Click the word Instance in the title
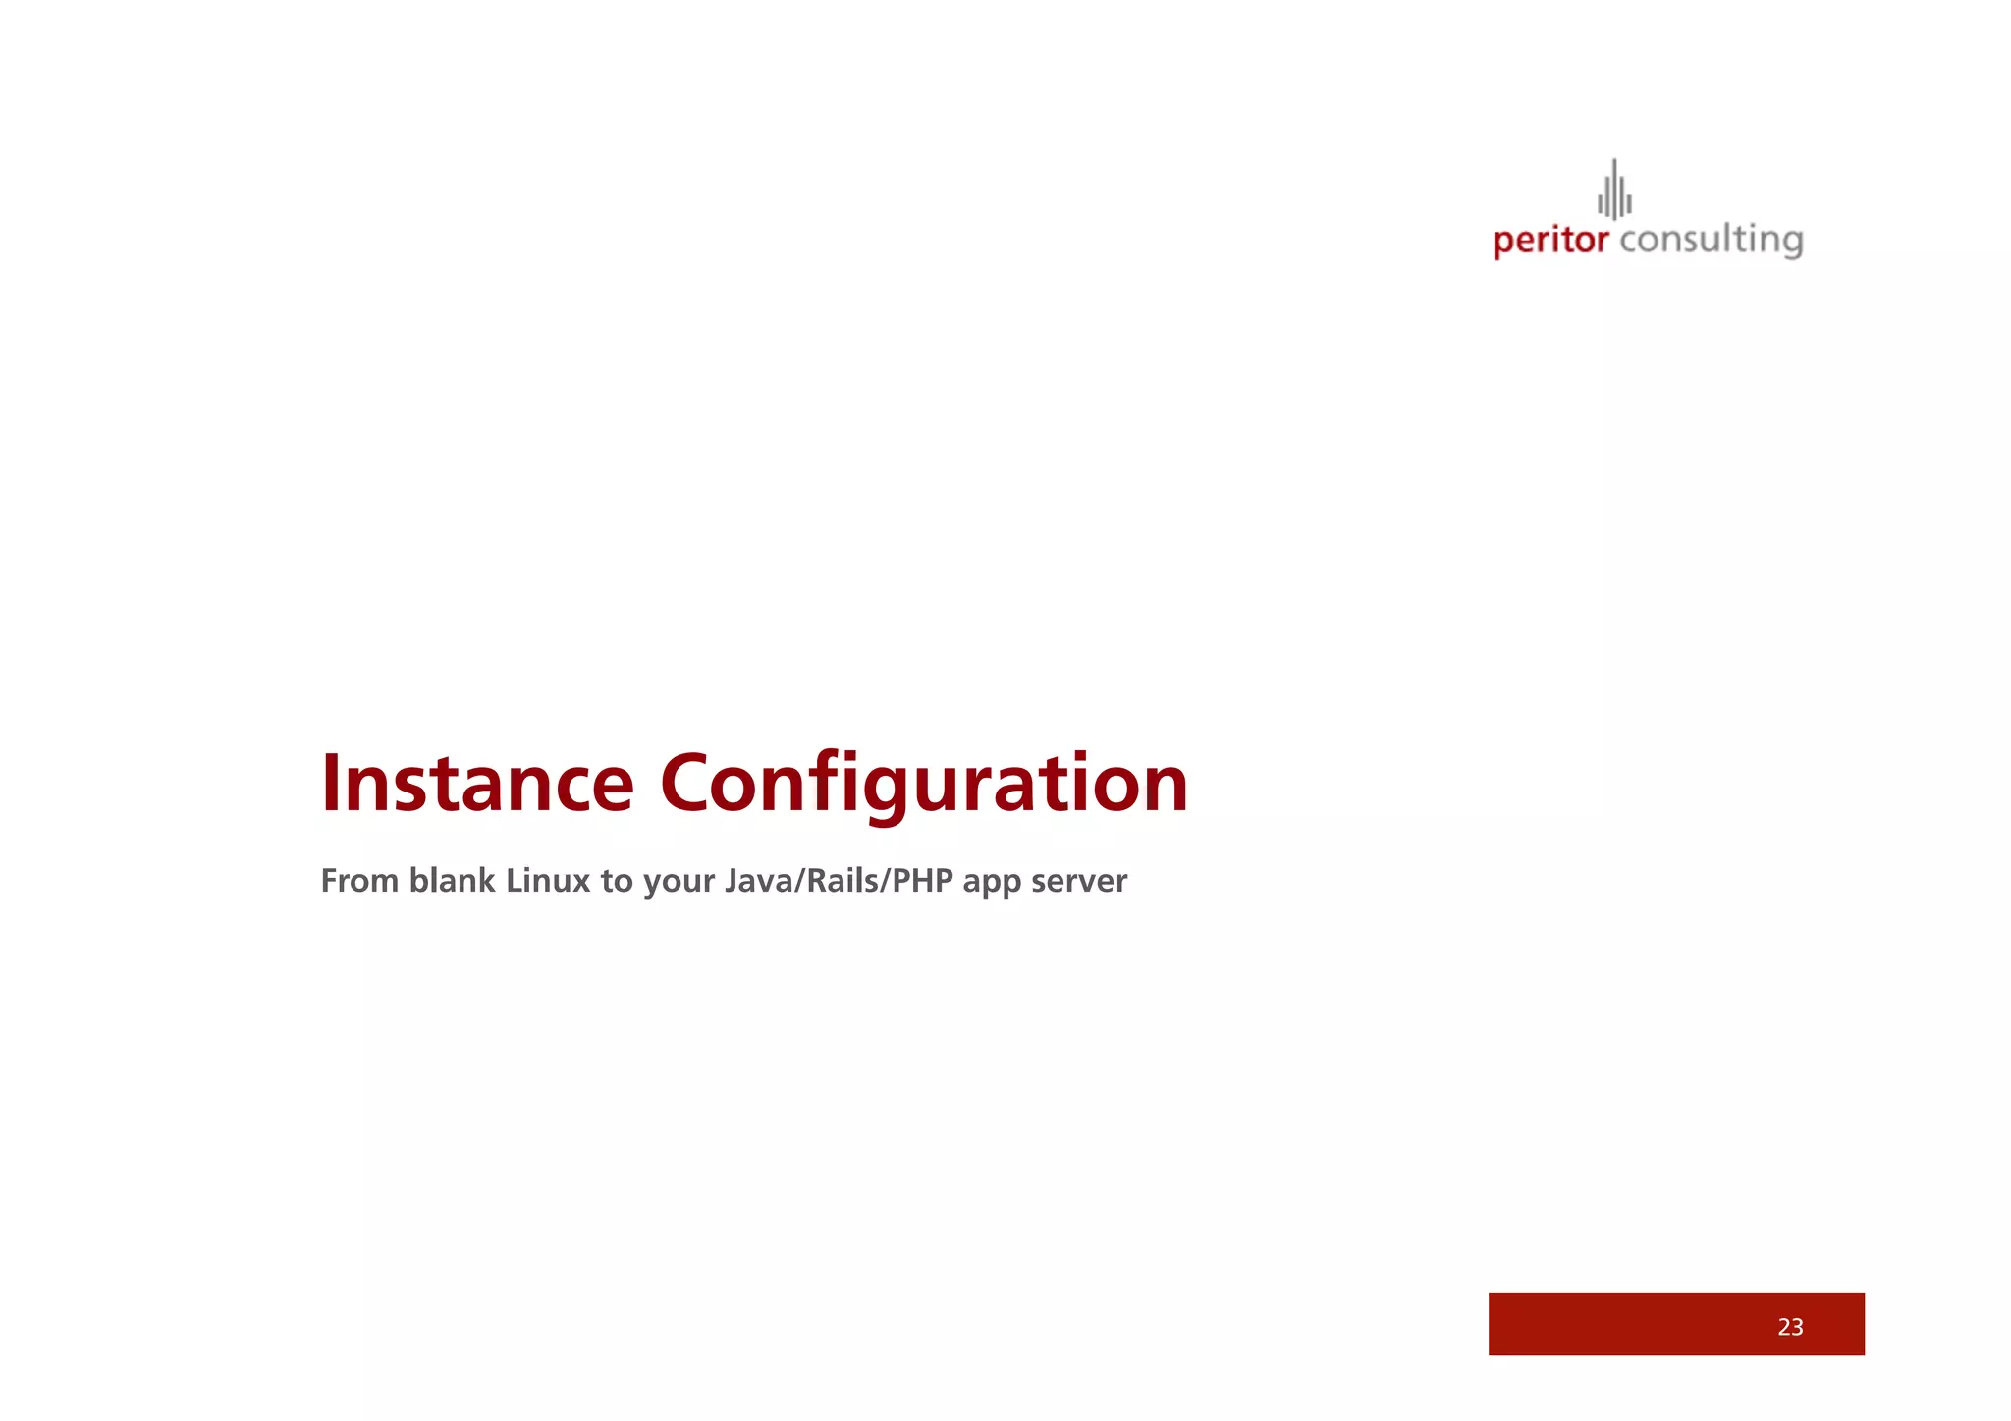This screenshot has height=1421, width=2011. click(x=478, y=784)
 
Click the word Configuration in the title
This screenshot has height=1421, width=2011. click(x=924, y=784)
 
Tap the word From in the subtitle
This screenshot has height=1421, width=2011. click(x=359, y=881)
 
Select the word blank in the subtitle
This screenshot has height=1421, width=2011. click(x=452, y=881)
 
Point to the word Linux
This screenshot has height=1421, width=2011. click(x=548, y=881)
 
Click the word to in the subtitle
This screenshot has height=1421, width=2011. click(x=617, y=881)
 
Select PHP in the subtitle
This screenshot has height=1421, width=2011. click(x=922, y=881)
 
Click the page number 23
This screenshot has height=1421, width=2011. click(x=1790, y=1327)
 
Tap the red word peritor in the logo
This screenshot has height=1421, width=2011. click(x=1550, y=241)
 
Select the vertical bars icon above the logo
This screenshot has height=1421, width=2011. click(x=1614, y=190)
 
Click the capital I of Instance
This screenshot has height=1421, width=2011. click(x=331, y=784)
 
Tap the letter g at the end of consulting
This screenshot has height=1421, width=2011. click(x=1790, y=244)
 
